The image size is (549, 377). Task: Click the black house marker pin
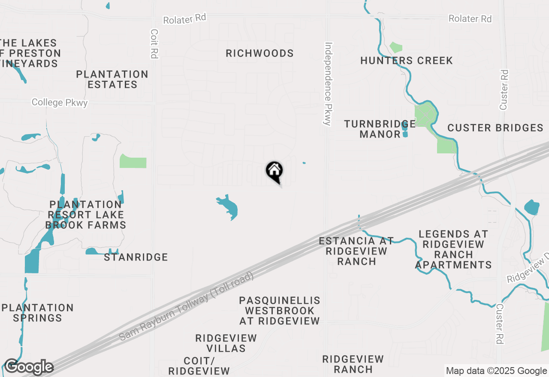[x=274, y=172]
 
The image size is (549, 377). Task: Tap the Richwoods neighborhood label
[x=259, y=54]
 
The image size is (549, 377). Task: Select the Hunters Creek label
[x=406, y=61]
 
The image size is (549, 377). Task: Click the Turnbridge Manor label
[x=380, y=129]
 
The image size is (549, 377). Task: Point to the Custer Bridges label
[x=495, y=128]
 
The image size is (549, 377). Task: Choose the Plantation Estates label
[x=112, y=79]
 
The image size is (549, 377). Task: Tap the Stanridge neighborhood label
[x=136, y=257]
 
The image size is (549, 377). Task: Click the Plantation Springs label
[x=38, y=313]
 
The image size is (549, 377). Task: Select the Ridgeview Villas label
[x=226, y=343]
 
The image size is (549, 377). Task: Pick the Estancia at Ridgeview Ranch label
[x=356, y=251]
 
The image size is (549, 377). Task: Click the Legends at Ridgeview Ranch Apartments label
[x=453, y=249]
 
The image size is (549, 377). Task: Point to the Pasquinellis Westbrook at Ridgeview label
[x=279, y=311]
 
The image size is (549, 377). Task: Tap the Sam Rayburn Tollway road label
[x=187, y=306]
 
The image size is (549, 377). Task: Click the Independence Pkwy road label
[x=329, y=84]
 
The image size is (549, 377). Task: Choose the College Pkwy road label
[x=60, y=103]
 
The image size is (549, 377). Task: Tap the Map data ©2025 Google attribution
[x=496, y=371]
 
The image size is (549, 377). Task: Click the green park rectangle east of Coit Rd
[x=133, y=162]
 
